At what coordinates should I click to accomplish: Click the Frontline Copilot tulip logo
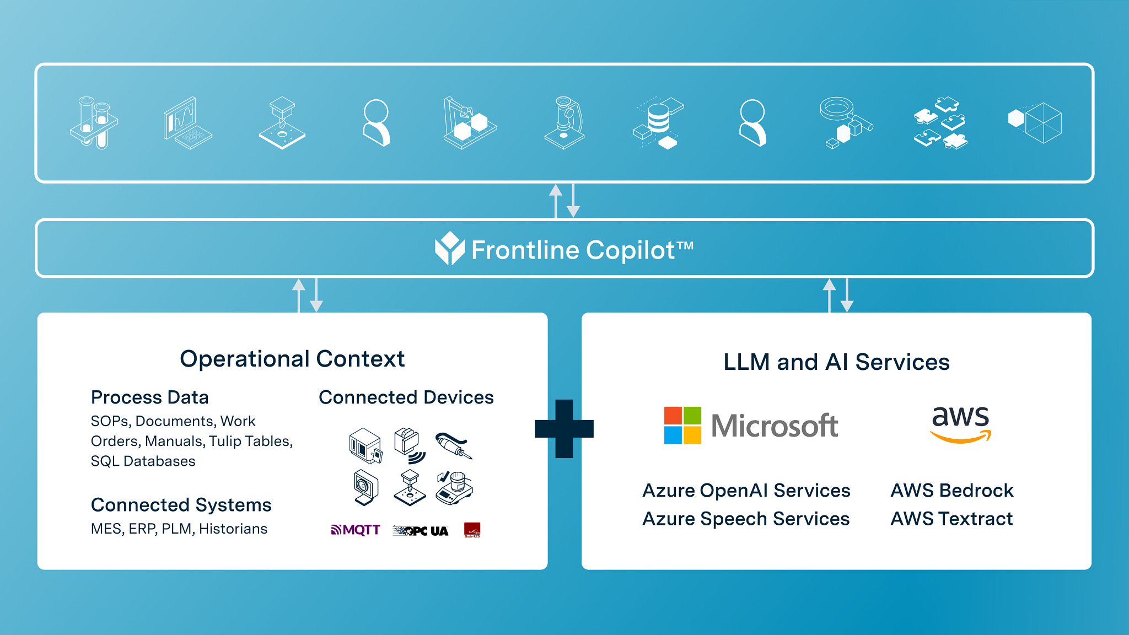tap(450, 249)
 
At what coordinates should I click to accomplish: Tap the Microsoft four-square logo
tap(682, 425)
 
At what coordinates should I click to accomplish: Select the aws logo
tap(960, 424)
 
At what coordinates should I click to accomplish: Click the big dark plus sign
tap(564, 429)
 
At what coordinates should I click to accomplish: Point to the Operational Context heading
tap(292, 359)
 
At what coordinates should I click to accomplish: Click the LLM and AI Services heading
tap(836, 362)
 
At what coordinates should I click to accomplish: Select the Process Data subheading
tap(150, 397)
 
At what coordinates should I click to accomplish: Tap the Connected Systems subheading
tap(181, 505)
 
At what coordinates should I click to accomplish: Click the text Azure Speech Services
tap(746, 519)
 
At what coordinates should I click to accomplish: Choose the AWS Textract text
tap(951, 519)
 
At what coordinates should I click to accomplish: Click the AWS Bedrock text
tap(952, 491)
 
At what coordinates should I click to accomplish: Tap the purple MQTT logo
tap(356, 530)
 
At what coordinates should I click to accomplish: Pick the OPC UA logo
tap(421, 531)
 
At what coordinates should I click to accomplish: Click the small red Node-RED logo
tap(472, 530)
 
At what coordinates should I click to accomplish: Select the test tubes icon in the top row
tap(94, 123)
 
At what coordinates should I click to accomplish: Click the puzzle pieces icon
tap(940, 123)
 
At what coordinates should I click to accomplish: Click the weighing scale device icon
tap(454, 488)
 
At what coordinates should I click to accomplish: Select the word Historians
tap(233, 529)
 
